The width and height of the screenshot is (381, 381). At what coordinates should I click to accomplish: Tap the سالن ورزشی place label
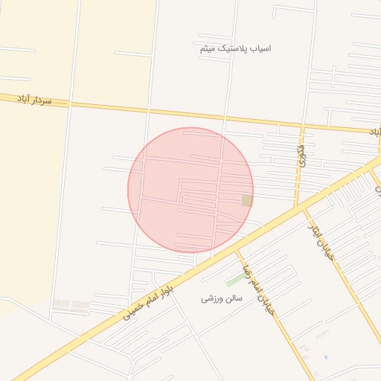coord(218,298)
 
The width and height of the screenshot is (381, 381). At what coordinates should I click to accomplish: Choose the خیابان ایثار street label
coord(323,237)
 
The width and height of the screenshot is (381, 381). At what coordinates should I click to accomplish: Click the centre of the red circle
coord(190,190)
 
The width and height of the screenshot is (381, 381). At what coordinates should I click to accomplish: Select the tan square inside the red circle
coord(247,201)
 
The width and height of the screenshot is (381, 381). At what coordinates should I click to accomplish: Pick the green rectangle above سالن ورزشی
coord(235,280)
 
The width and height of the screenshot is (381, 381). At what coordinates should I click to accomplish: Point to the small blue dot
coord(325,356)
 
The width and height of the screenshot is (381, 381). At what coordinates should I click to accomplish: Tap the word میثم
coord(208,48)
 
